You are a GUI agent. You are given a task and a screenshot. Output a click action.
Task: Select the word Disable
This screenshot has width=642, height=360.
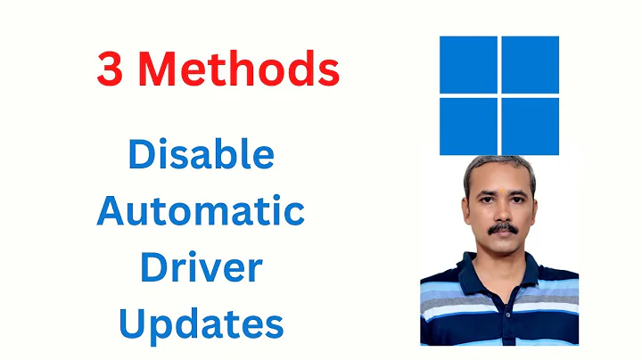[x=201, y=155]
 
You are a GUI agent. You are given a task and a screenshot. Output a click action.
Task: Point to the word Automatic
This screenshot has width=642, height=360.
[x=201, y=211]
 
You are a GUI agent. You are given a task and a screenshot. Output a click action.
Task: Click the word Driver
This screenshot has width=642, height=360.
[x=201, y=267]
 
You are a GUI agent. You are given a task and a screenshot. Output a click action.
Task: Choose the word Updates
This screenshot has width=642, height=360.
[x=201, y=323]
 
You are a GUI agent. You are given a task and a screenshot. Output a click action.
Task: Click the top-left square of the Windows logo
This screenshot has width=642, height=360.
[x=468, y=64]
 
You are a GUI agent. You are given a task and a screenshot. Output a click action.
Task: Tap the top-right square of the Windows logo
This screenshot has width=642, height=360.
[x=530, y=64]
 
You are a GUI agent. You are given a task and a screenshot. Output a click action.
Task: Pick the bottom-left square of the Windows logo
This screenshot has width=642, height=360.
[x=468, y=126]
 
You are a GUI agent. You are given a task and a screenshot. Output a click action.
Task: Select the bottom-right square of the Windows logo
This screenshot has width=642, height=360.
[x=530, y=126]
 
